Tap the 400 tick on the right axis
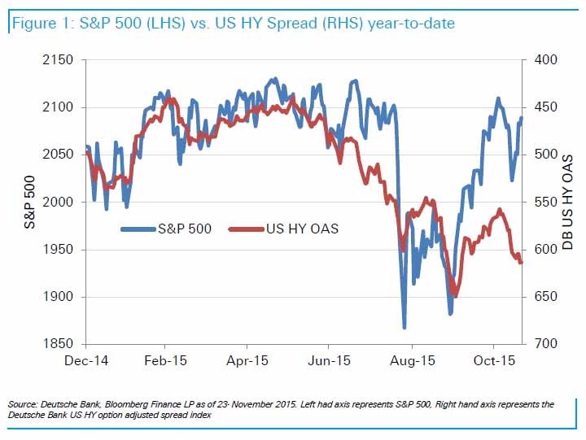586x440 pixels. [546, 60]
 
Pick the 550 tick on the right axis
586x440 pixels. [546, 203]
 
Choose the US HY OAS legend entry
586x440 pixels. [302, 229]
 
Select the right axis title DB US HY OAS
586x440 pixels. [569, 203]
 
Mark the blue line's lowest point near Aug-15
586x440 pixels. [405, 328]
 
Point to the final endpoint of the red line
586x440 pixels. [521, 262]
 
